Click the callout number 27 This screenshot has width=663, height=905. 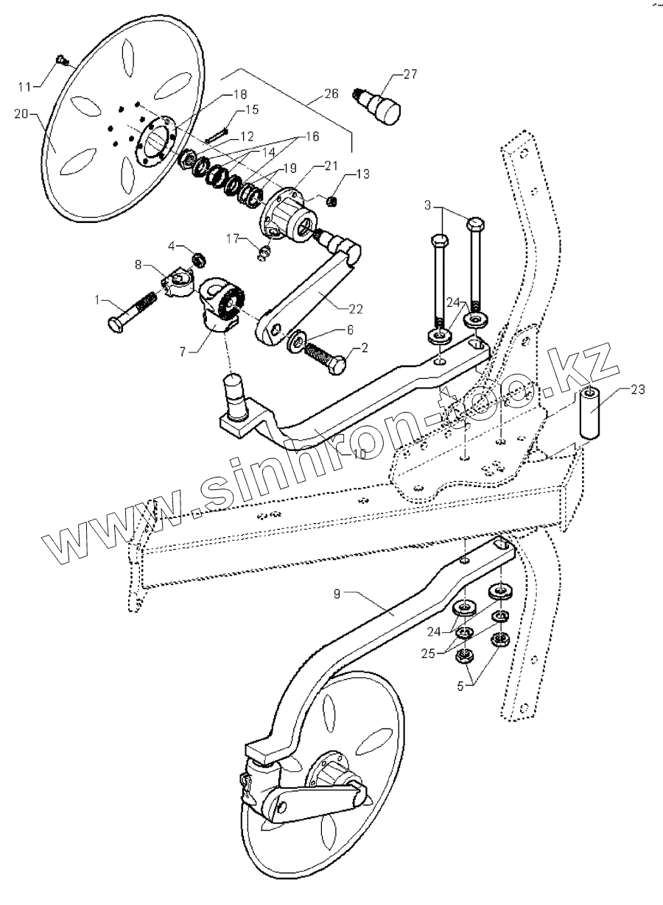pos(409,74)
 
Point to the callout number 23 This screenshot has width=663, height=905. pos(637,390)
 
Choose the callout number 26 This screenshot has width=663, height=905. pos(331,95)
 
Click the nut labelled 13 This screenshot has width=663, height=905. pos(331,200)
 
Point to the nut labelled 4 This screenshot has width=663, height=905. pos(197,259)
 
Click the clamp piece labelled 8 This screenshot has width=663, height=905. pos(178,280)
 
